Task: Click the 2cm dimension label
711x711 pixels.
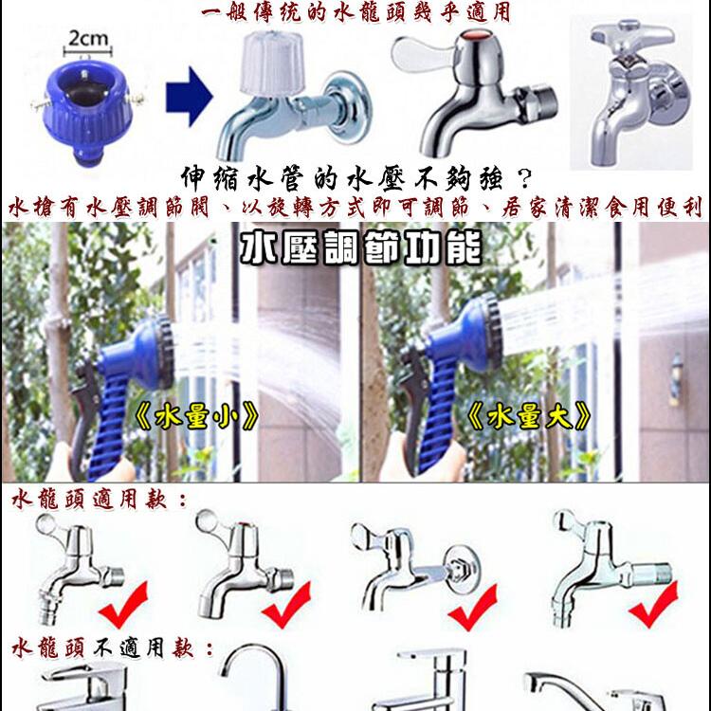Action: [88, 39]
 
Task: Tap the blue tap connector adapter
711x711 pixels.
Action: [86, 111]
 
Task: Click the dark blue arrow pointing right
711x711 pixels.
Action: [189, 96]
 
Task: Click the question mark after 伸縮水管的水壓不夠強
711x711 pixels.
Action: [524, 178]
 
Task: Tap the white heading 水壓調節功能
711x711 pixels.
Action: [360, 248]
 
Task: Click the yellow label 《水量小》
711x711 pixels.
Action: [197, 416]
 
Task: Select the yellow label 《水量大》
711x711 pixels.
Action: [529, 416]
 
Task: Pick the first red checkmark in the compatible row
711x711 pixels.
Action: [124, 605]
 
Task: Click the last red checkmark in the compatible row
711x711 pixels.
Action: [653, 605]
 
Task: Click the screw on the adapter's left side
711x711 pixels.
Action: [39, 104]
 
